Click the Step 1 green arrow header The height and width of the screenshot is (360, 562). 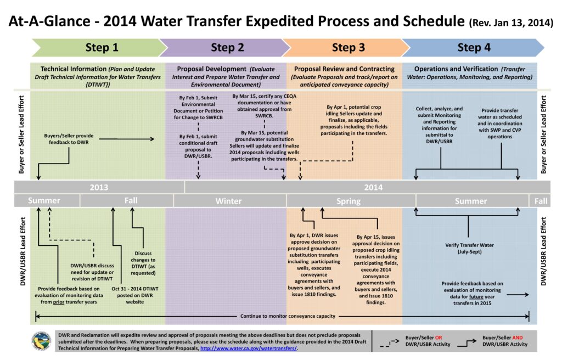tap(102, 48)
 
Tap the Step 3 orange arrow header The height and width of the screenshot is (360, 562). tap(348, 48)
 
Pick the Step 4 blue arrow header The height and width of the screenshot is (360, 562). tap(474, 48)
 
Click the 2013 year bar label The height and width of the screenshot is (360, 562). tap(99, 187)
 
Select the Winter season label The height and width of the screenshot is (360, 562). tap(228, 201)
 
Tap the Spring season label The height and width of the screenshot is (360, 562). tap(348, 201)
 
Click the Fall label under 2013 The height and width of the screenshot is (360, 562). tap(131, 200)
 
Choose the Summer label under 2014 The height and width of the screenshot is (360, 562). tap(471, 201)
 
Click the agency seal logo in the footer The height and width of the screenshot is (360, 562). tap(41, 340)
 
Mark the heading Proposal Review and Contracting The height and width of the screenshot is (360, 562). tap(344, 69)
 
